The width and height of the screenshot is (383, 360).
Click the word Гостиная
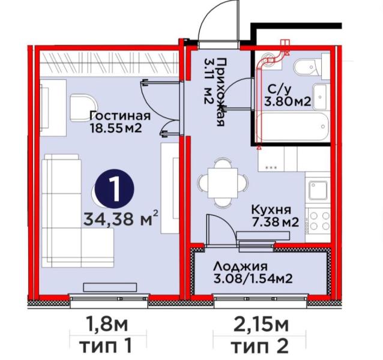pos(120,116)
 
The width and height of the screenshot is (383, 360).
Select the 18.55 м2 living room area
pos(116,128)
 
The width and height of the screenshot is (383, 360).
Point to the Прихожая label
pos(220,92)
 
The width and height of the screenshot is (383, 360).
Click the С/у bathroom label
pos(280,89)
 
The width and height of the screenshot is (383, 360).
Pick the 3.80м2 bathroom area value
pos(288,101)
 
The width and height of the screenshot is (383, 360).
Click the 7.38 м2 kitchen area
pos(276,223)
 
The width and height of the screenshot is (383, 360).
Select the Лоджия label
pos(240,267)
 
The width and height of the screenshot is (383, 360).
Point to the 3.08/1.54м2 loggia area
pos(253,279)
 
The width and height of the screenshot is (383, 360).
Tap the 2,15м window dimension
pos(261,325)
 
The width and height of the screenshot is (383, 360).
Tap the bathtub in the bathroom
pos(292,127)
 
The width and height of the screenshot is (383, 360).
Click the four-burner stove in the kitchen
pos(319,221)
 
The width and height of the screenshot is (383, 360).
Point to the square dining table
pos(223,183)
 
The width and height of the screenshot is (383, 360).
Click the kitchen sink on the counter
pos(318,190)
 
